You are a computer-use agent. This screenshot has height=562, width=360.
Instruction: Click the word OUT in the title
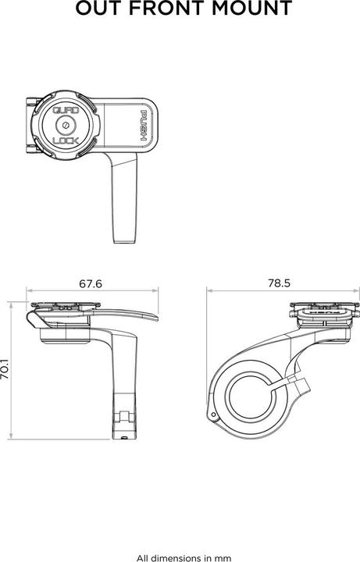(x=98, y=9)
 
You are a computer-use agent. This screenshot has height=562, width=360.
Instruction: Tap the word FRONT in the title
(x=168, y=9)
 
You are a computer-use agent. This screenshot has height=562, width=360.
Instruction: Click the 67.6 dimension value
(x=91, y=285)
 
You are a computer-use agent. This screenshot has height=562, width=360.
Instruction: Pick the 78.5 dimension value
(x=277, y=285)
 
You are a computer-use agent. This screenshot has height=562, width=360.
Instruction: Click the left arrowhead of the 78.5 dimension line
(x=209, y=291)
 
